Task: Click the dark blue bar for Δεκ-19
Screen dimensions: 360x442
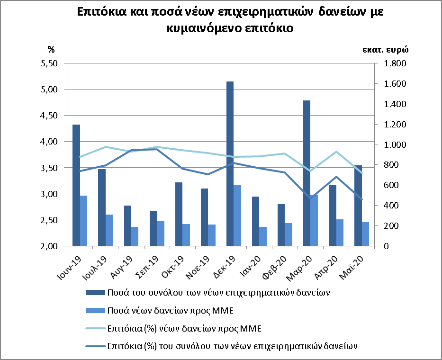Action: (230, 163)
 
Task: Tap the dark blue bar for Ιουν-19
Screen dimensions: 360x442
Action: (76, 185)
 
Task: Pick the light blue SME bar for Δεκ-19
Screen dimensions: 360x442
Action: (237, 216)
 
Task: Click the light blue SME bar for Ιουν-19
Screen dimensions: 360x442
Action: (83, 221)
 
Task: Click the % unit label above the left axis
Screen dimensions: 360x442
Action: (51, 49)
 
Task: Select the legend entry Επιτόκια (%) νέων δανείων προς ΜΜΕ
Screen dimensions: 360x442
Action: (185, 328)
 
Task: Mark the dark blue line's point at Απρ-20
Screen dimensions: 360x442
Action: (336, 177)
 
